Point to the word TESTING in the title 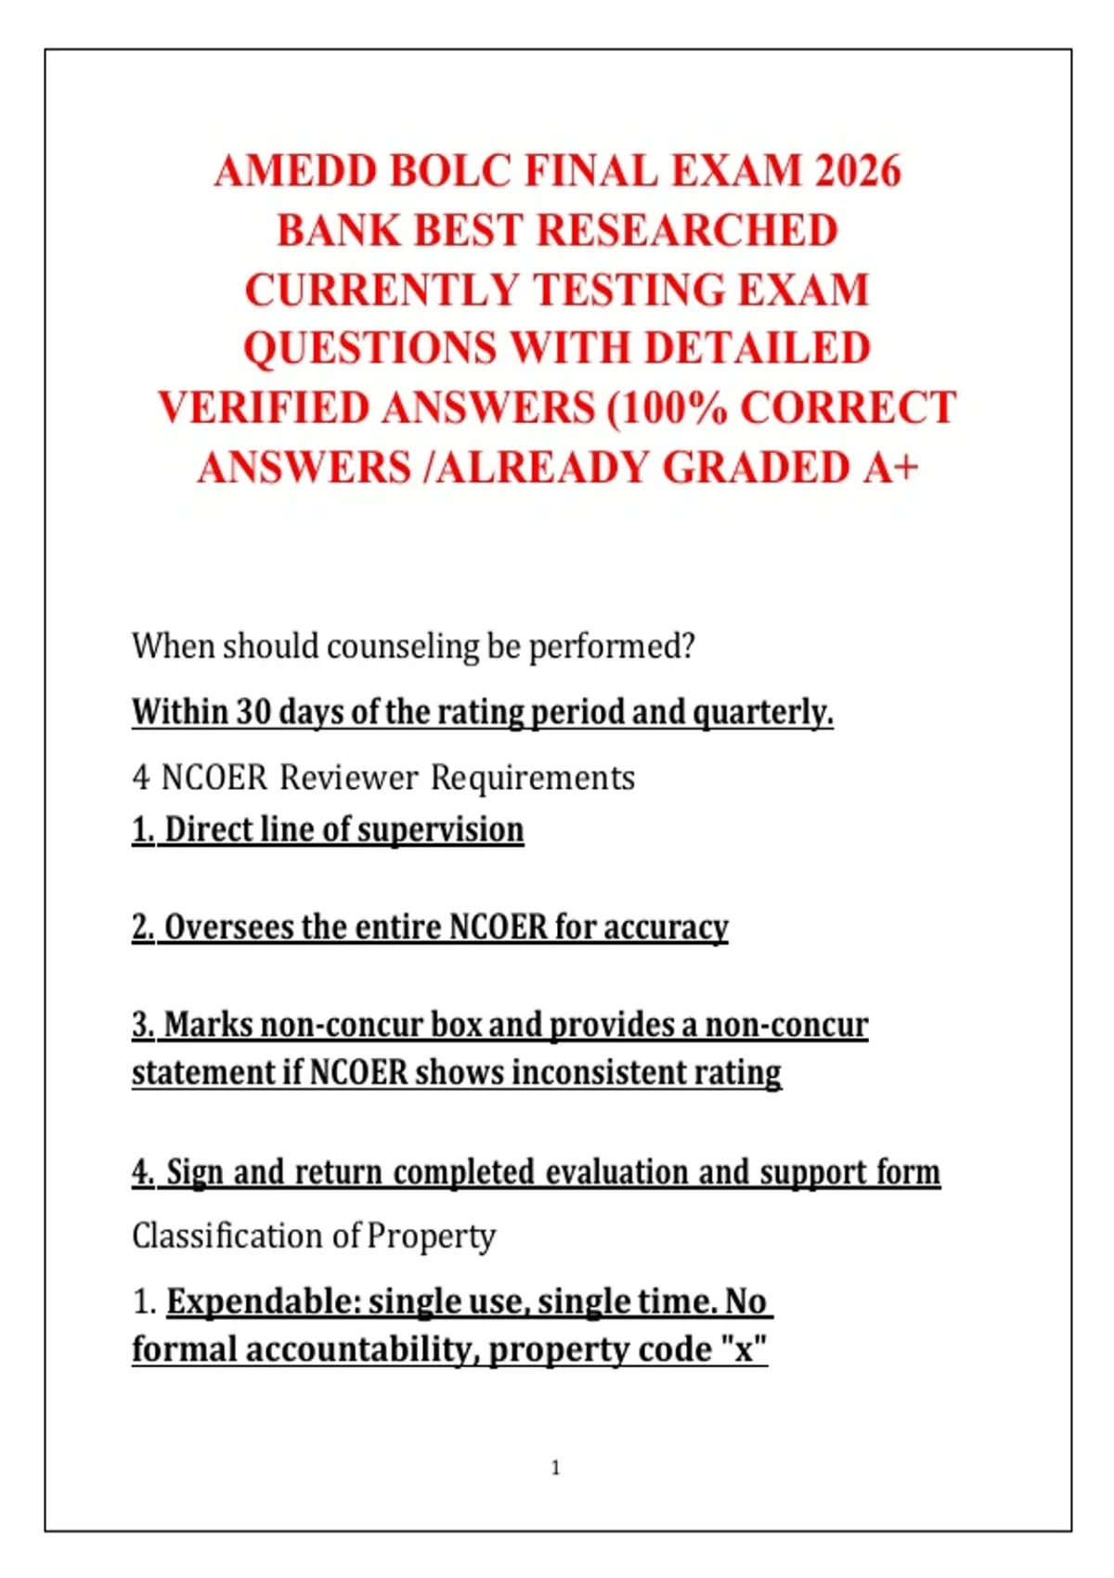point(627,290)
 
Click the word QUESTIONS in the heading point(369,349)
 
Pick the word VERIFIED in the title point(264,408)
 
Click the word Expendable point(263,1301)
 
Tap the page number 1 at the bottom point(556,1468)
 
